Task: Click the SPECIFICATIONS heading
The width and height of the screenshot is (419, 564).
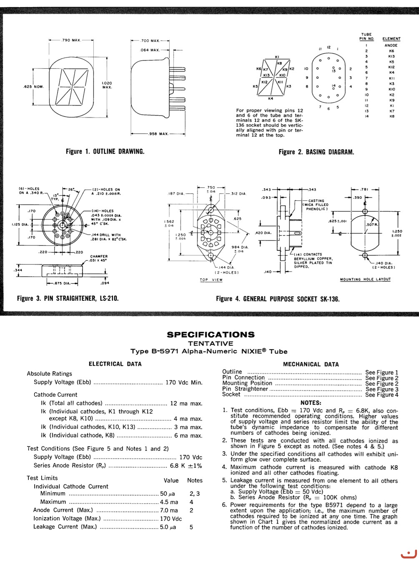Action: click(x=210, y=334)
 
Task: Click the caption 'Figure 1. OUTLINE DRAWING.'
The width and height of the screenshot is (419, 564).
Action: click(x=105, y=152)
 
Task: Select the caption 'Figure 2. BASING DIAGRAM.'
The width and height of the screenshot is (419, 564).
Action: click(x=316, y=152)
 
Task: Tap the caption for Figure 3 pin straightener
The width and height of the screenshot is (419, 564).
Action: click(x=68, y=298)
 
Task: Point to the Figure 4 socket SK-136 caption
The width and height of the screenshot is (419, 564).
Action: click(x=278, y=299)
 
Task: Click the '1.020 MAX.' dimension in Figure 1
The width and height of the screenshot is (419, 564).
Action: click(x=107, y=85)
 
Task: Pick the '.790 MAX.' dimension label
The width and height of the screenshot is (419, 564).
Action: click(x=71, y=40)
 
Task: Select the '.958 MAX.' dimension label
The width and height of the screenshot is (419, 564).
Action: click(x=158, y=134)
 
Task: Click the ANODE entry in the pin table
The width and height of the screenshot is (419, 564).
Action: click(x=391, y=45)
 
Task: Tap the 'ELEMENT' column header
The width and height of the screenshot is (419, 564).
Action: click(x=391, y=39)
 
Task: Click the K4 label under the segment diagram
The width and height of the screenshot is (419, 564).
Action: click(x=271, y=99)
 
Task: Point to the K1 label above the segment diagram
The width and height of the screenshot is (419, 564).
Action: click(x=277, y=57)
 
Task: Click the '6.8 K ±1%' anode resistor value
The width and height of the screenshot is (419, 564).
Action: click(x=186, y=466)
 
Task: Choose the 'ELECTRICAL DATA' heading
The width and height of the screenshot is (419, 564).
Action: click(x=115, y=364)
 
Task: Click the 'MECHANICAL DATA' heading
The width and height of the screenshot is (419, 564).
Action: click(x=311, y=364)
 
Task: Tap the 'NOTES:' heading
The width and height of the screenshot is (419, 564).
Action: click(x=311, y=403)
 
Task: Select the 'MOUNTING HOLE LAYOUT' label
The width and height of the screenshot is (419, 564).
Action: click(x=365, y=279)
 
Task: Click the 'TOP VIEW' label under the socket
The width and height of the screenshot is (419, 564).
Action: click(x=211, y=280)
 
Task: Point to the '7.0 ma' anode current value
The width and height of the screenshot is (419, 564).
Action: click(x=169, y=510)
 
